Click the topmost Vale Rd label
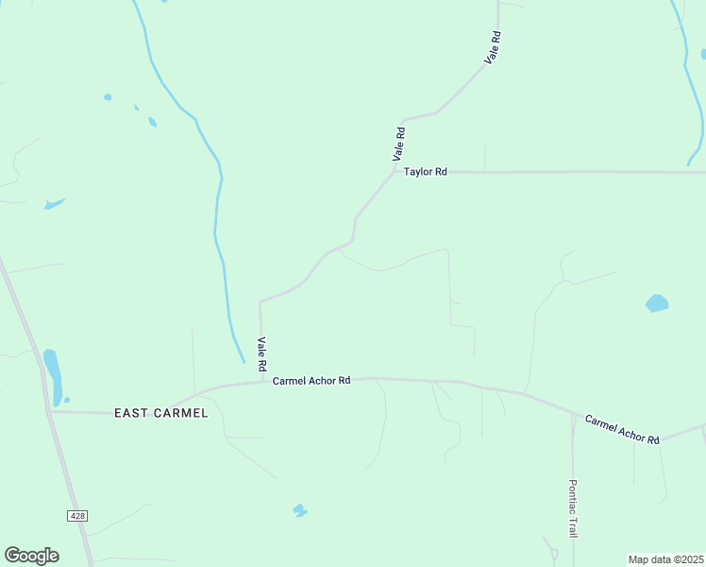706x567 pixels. (x=493, y=47)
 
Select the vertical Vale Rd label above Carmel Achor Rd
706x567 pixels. (x=262, y=353)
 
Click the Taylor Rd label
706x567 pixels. (x=425, y=172)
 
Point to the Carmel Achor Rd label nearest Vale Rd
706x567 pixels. (x=311, y=381)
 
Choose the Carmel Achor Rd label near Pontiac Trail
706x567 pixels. (x=621, y=429)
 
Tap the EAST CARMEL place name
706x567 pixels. (x=160, y=413)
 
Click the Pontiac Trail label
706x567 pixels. (x=572, y=507)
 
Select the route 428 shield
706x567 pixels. (x=77, y=515)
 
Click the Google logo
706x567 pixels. (x=31, y=556)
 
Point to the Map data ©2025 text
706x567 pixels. (x=665, y=559)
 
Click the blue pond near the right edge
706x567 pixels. (x=657, y=303)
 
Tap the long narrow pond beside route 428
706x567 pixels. (x=53, y=375)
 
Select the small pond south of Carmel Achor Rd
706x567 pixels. (x=300, y=510)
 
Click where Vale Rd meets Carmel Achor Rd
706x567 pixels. (x=261, y=382)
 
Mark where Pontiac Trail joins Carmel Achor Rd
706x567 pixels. (x=573, y=413)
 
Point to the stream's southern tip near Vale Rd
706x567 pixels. (x=243, y=362)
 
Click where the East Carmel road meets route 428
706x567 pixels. (x=49, y=411)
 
